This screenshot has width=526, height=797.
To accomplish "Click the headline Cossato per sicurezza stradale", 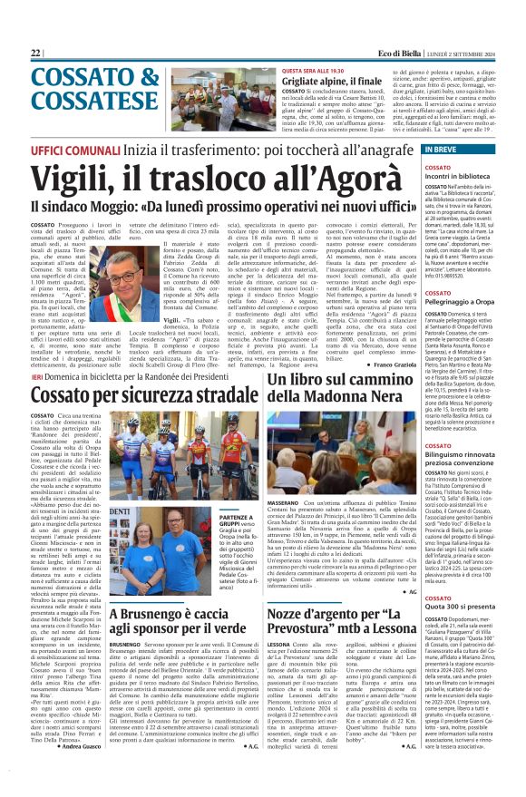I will click(133, 397).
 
